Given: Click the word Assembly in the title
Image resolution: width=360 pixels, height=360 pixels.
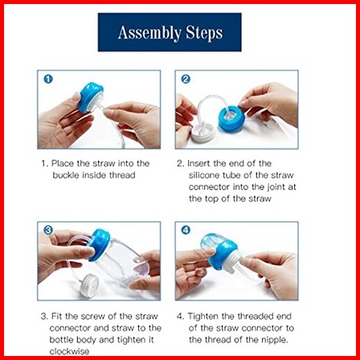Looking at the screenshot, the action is [149, 33].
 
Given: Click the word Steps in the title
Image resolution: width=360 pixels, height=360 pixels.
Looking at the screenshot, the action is [204, 33].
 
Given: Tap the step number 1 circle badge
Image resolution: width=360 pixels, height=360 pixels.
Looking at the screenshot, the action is [48, 80].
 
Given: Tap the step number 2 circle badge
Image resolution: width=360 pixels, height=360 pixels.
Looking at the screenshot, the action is [186, 80].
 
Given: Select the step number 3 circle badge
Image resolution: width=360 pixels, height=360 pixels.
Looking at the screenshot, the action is [48, 231].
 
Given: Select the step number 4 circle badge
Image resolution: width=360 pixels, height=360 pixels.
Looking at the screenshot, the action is [186, 231].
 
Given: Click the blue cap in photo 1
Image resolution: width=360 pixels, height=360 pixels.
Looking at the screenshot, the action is [90, 96].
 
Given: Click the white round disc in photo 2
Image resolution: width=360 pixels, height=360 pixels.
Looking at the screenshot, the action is [202, 134].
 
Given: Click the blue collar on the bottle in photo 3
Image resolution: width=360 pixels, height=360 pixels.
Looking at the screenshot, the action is [99, 244].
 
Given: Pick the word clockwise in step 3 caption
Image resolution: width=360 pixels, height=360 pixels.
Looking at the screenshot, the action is [69, 351].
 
